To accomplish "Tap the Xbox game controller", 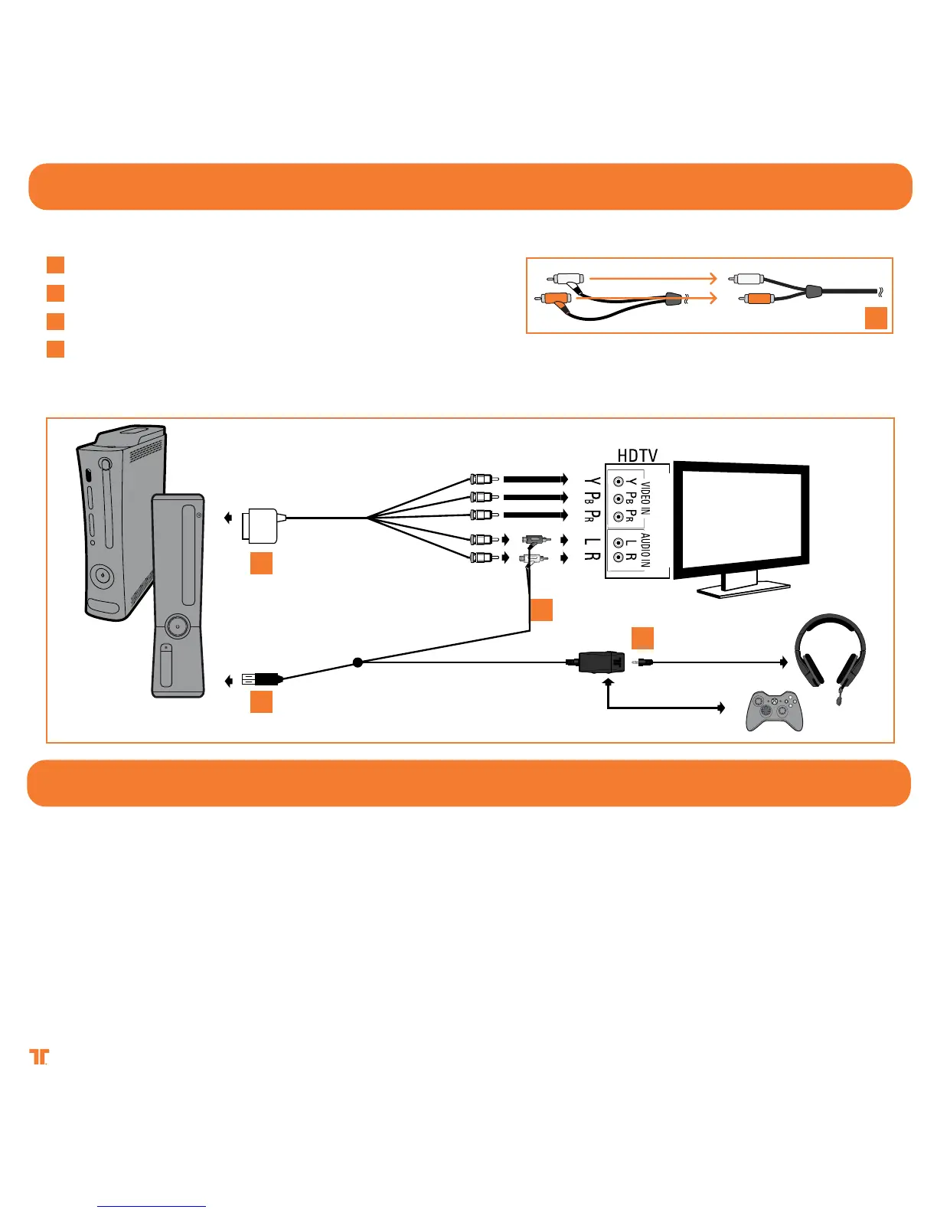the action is [775, 711].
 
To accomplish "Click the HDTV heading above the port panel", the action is [637, 456].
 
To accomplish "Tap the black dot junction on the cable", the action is [357, 662].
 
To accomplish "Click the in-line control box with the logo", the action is [600, 662].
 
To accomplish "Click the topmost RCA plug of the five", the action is [482, 479].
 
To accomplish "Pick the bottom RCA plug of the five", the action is [482, 557].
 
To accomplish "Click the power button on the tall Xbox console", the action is [99, 574].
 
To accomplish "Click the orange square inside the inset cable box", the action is [876, 318].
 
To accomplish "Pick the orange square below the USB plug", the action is [261, 701].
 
